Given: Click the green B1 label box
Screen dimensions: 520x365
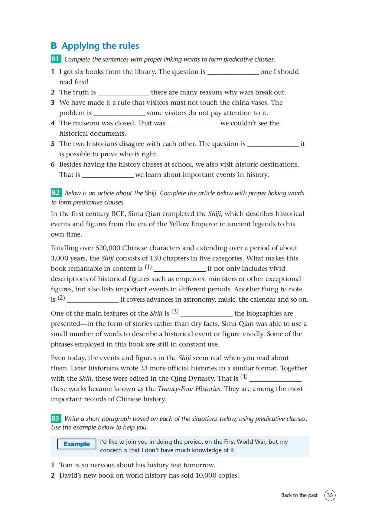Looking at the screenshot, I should point(56,59).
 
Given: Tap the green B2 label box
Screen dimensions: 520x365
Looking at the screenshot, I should point(56,193).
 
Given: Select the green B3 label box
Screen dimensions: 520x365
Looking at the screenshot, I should point(56,418).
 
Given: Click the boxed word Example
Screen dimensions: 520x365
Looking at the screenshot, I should point(77,444).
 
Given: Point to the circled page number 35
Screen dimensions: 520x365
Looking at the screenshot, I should point(330,495).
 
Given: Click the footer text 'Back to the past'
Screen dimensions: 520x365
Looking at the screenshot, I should point(299,495).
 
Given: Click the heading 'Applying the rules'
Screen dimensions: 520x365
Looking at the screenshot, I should point(100,46).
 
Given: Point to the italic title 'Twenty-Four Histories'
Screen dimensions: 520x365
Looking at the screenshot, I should point(189,389).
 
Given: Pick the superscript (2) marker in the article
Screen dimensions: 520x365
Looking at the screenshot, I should point(61,298).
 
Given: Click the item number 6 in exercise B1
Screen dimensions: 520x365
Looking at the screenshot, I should point(53,164).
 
